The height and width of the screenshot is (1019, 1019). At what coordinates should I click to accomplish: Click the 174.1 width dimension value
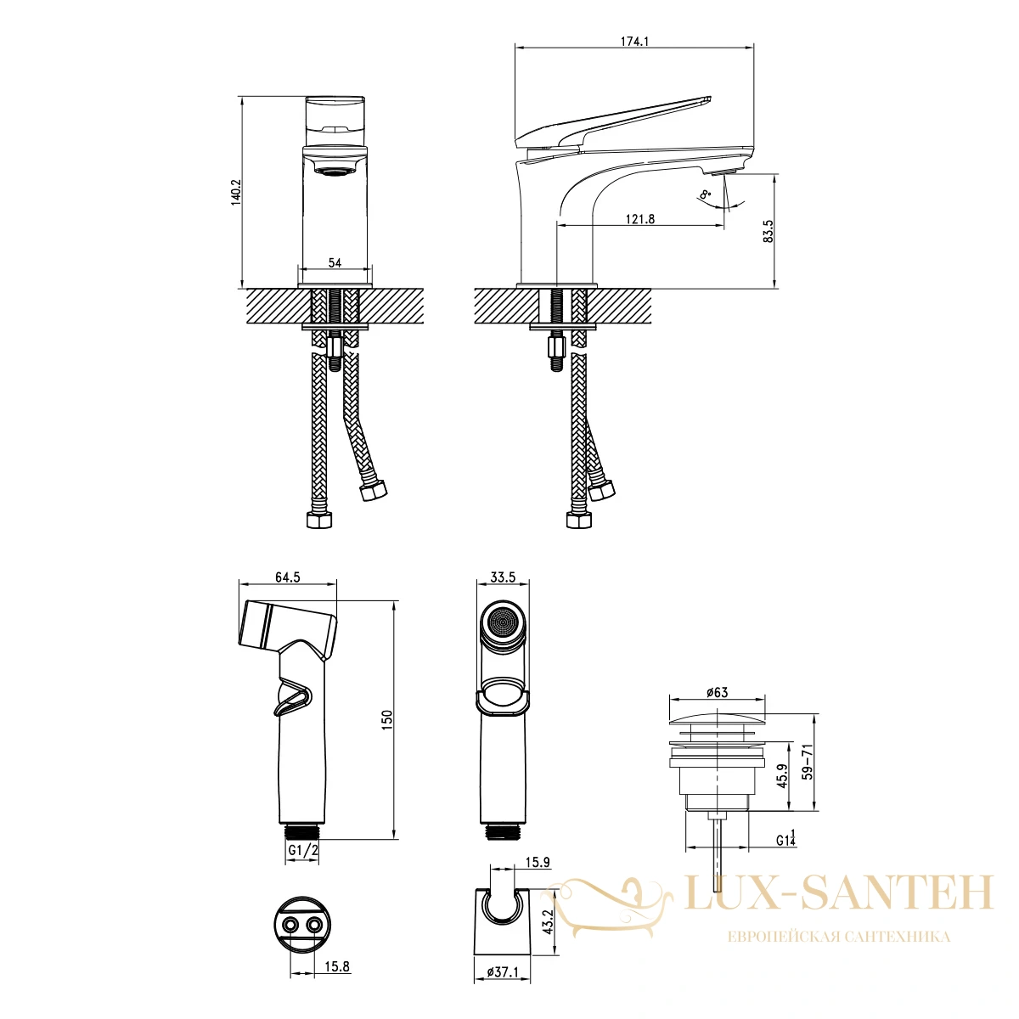click(634, 42)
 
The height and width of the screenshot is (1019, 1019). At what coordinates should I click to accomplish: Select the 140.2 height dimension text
click(236, 193)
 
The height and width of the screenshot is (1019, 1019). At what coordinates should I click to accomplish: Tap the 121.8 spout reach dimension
click(640, 218)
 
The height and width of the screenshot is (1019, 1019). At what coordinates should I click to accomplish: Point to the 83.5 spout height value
click(768, 231)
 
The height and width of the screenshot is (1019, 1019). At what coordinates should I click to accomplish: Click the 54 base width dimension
click(335, 262)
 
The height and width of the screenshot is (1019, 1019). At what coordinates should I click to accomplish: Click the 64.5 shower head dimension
click(287, 577)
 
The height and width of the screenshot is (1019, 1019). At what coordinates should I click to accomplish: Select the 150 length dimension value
click(387, 720)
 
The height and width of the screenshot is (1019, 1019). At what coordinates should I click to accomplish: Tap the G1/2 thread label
click(303, 850)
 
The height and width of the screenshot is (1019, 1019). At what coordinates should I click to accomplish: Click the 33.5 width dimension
click(503, 577)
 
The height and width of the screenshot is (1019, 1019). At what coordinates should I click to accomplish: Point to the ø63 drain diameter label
click(717, 692)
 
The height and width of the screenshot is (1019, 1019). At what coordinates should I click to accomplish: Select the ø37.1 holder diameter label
click(503, 987)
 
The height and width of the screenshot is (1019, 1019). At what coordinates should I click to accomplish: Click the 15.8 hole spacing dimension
click(337, 966)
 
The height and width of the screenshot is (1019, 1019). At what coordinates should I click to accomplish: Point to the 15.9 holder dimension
click(538, 863)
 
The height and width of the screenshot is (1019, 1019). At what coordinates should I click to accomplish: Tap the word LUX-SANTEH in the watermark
click(839, 892)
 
